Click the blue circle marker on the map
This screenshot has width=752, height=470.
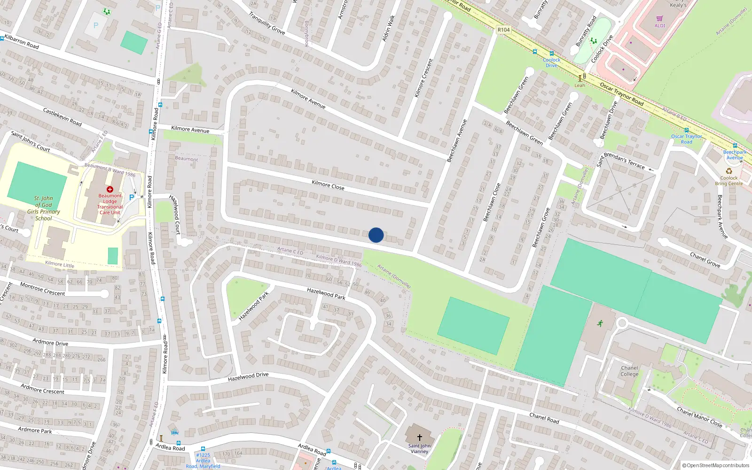[x=376, y=235]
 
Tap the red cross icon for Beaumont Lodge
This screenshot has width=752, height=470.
[x=110, y=189]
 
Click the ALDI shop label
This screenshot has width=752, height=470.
[x=660, y=25]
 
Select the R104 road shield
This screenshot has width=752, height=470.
[x=503, y=30]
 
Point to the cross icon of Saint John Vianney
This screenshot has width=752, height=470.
[x=420, y=437]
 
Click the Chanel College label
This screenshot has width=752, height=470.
[x=629, y=371]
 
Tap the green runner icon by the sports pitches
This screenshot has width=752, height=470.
[x=600, y=323]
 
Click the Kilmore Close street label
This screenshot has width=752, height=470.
[x=328, y=185]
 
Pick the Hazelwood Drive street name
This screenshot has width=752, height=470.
[x=248, y=377]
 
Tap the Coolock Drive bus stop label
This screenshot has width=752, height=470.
[x=551, y=63]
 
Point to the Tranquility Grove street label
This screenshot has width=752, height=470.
[x=266, y=23]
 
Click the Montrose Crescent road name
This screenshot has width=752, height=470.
[x=43, y=289]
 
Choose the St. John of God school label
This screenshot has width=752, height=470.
[x=44, y=208]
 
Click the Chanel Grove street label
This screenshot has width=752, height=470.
[x=705, y=260]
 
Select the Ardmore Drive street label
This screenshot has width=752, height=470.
[x=50, y=342]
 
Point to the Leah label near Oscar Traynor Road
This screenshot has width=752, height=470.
[x=580, y=86]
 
